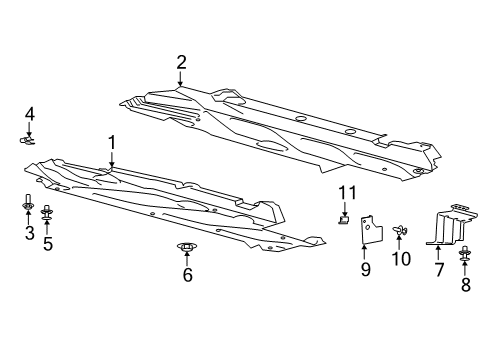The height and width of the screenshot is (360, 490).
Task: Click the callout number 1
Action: coord(112,143)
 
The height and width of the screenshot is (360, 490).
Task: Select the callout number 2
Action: coord(181,63)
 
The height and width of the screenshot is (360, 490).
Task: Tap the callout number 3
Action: coord(29,234)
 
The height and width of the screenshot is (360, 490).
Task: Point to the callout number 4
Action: coord(29,113)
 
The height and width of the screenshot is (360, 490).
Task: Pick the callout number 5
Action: coord(47,242)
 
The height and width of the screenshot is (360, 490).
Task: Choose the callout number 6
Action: coord(187,275)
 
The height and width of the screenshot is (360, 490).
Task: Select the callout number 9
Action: coord(365,269)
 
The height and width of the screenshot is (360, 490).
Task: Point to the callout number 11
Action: coord(345,192)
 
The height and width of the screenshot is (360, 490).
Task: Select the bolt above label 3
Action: coord(29,207)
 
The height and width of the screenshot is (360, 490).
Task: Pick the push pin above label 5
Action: coord(47,214)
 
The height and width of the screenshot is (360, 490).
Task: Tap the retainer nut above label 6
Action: coord(187,247)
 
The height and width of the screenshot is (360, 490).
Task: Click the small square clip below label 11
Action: coord(345,219)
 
